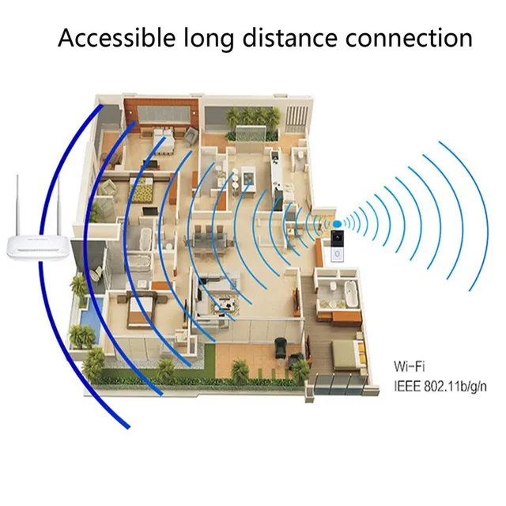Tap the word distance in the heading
[293, 37]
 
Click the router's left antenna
[17, 201]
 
